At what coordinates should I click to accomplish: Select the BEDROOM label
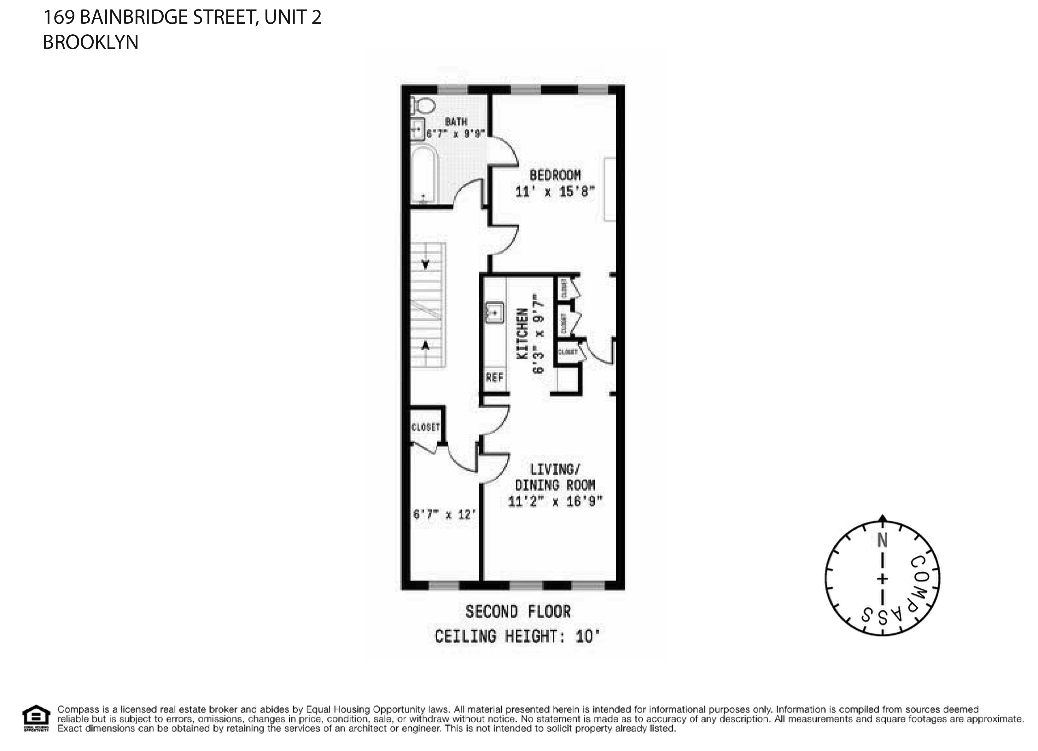[x=555, y=175]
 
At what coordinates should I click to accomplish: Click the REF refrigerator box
[x=494, y=378]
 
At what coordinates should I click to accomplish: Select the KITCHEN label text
[x=522, y=333]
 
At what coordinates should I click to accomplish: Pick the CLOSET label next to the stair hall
[x=426, y=427]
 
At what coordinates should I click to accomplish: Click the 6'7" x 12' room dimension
[x=444, y=515]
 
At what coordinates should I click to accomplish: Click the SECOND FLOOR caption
[x=518, y=612]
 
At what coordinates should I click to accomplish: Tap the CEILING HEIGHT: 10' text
[x=517, y=636]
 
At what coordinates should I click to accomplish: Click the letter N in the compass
[x=882, y=541]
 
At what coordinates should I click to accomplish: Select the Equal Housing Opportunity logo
[x=36, y=719]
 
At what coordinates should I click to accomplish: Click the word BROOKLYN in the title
[x=90, y=42]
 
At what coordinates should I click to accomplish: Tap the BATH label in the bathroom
[x=456, y=122]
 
